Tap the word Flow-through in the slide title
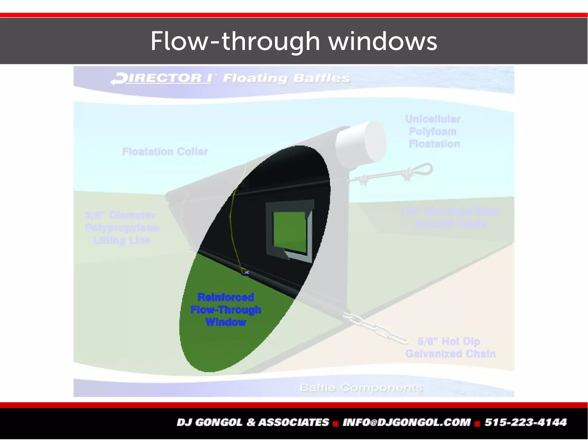[x=235, y=42]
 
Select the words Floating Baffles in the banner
[x=286, y=78]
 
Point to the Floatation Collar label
[x=165, y=151]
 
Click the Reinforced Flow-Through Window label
[x=226, y=310]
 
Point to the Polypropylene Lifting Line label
[x=122, y=228]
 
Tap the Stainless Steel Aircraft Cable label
[x=451, y=217]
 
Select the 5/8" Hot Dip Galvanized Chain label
[x=450, y=348]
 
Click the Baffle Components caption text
[x=361, y=388]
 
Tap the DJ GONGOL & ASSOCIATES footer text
[x=253, y=422]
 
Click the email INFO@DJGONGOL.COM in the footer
[x=407, y=422]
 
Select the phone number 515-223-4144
[x=525, y=422]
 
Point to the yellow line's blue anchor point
[x=245, y=274]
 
